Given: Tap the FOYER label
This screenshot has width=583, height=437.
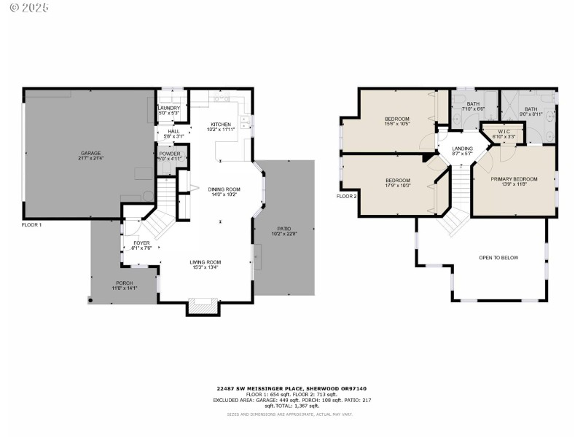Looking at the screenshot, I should pyautogui.click(x=141, y=245).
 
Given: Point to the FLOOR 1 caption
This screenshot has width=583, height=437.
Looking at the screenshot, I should pyautogui.click(x=32, y=225).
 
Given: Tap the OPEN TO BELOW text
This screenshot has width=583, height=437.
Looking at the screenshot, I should pyautogui.click(x=498, y=258).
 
